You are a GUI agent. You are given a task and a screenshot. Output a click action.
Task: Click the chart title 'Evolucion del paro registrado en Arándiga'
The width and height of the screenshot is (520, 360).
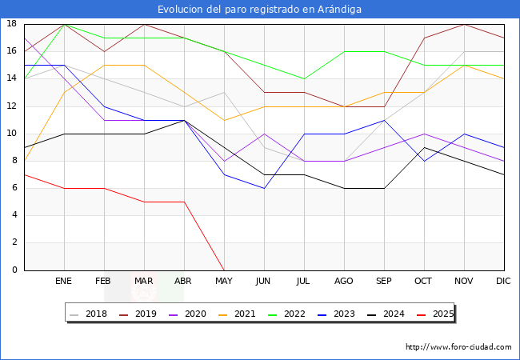(259, 10)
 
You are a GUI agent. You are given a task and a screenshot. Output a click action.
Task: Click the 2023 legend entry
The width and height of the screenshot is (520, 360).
(343, 314)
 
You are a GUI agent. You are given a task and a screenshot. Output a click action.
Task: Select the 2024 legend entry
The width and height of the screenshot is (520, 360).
(393, 314)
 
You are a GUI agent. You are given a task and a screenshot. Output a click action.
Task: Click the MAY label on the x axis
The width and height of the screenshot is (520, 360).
(224, 282)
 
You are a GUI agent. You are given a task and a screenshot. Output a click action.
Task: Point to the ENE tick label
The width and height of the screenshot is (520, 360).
(64, 282)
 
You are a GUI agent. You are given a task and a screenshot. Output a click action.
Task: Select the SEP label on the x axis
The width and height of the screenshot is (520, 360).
(384, 282)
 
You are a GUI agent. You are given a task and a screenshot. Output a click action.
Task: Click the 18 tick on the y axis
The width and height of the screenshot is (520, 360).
(12, 24)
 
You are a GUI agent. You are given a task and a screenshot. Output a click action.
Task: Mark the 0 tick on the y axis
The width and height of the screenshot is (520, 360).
(14, 270)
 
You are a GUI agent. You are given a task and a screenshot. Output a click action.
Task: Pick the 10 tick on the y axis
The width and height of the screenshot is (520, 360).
(12, 134)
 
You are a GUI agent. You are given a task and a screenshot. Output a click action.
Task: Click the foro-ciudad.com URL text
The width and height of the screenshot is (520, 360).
(458, 347)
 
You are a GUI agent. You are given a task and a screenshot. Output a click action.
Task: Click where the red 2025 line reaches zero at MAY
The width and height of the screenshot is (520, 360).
(224, 270)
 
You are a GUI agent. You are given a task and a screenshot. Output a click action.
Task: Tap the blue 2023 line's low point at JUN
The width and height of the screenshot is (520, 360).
(264, 188)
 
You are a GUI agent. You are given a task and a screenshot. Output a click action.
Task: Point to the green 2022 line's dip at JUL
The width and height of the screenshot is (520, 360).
(304, 78)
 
